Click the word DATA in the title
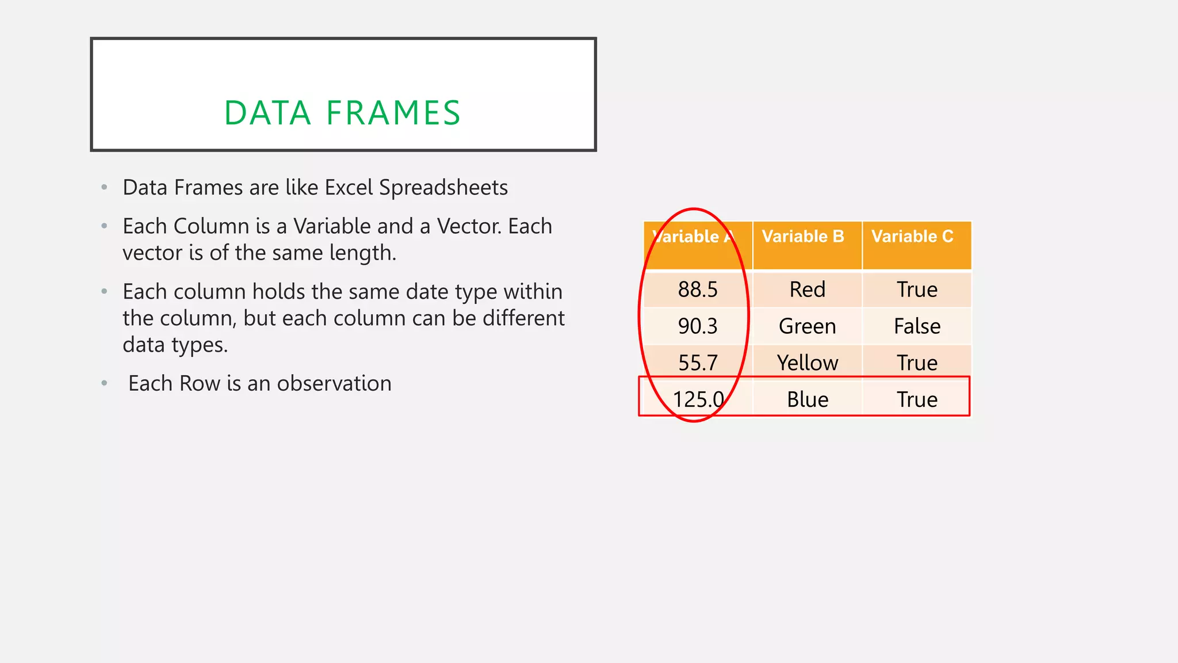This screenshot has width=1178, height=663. (x=267, y=113)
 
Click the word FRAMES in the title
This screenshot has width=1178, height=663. (x=393, y=113)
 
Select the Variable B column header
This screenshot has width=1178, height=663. (x=803, y=237)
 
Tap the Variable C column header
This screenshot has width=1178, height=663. (x=912, y=237)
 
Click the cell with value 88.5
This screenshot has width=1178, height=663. (x=698, y=289)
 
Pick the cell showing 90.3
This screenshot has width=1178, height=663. (x=698, y=326)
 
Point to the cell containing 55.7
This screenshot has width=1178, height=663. (x=698, y=363)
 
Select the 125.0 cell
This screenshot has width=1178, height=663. (x=698, y=399)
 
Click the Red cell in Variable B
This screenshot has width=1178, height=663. (x=807, y=289)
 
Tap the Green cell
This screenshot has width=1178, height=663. (x=807, y=326)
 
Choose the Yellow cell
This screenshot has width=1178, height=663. (x=807, y=363)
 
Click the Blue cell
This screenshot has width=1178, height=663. (x=807, y=399)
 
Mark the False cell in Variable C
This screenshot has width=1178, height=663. (x=917, y=326)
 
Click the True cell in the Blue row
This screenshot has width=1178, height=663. (x=917, y=399)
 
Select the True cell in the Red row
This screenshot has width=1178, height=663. (x=917, y=289)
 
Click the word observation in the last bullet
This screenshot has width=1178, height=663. (x=334, y=383)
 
